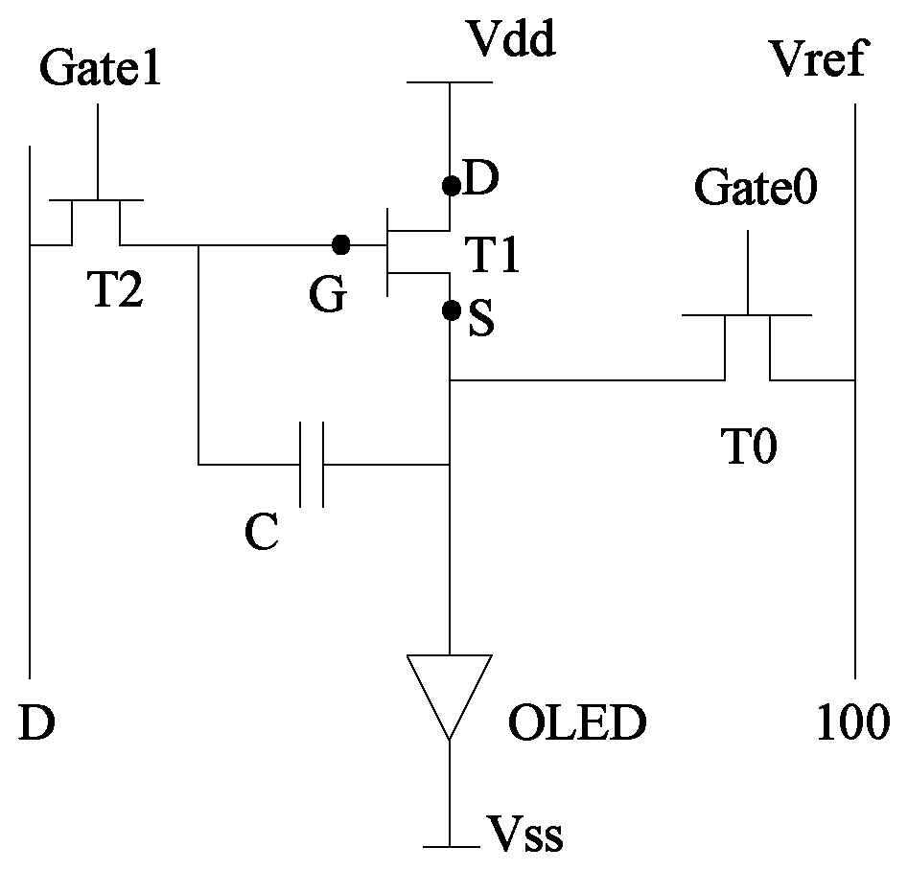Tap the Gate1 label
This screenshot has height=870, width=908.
[x=100, y=67]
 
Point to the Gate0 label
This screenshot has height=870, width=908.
[x=756, y=187]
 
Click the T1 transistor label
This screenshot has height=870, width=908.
[x=492, y=254]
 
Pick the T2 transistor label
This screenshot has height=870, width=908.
[x=115, y=288]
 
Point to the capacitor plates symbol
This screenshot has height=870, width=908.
[x=312, y=465]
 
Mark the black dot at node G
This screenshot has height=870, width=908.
[x=341, y=245]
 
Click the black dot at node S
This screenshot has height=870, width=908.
[x=451, y=310]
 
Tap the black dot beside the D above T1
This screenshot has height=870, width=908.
[x=451, y=186]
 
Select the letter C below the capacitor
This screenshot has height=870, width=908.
[x=262, y=532]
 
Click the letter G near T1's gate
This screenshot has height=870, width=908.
[x=328, y=293]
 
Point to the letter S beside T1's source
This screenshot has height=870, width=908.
[x=481, y=318]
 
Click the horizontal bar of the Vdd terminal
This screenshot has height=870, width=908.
[x=450, y=82]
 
